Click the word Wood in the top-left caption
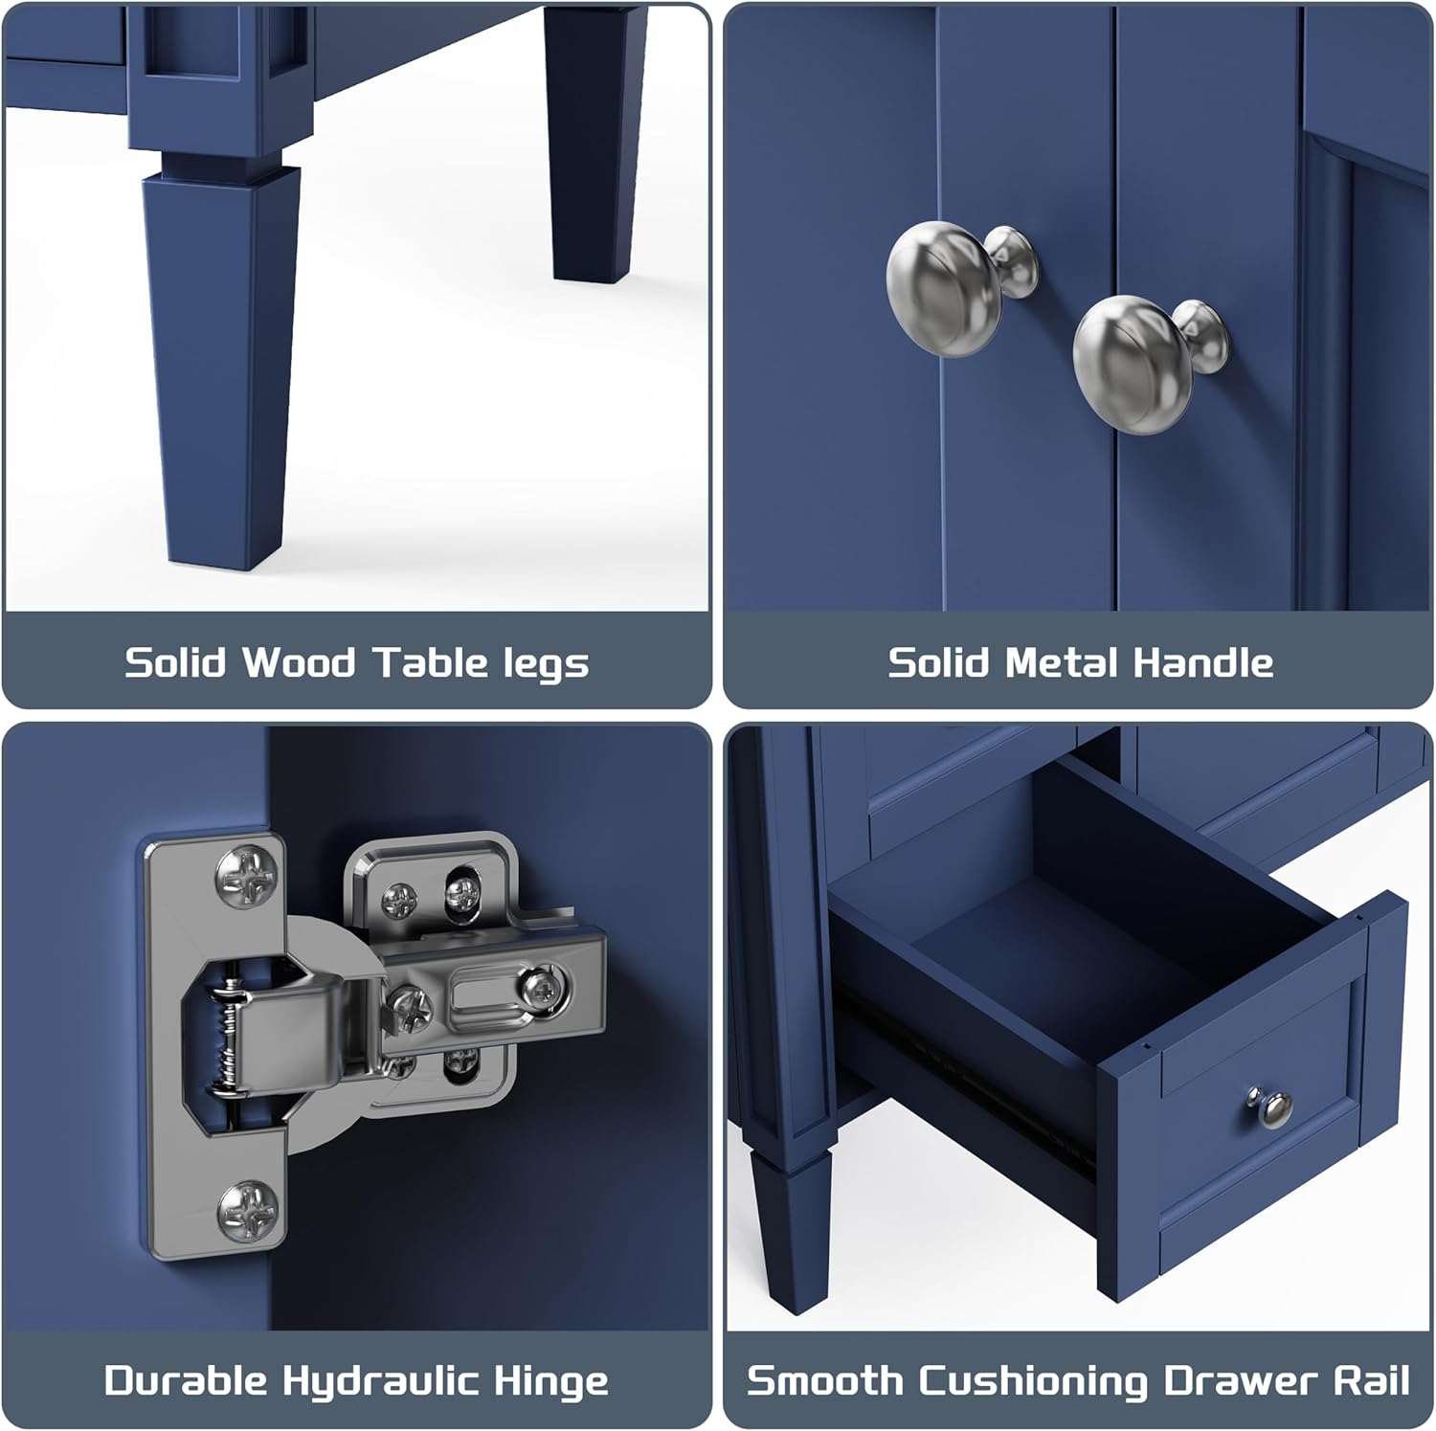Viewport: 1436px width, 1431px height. click(x=298, y=662)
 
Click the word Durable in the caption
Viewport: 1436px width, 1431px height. click(x=185, y=1381)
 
